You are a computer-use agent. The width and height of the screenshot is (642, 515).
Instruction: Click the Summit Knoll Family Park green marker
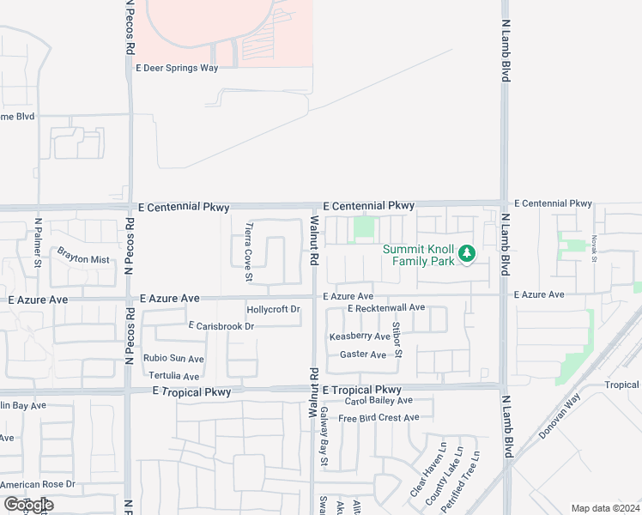(466, 253)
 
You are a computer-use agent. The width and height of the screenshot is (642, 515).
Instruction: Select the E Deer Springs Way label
(177, 68)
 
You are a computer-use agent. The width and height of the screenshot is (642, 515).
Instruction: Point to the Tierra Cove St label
(249, 251)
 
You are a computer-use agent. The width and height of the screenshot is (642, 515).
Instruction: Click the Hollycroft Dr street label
(273, 309)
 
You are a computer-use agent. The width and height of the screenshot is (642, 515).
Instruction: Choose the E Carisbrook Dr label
(221, 326)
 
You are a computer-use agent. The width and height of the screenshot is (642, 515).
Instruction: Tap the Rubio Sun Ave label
(173, 359)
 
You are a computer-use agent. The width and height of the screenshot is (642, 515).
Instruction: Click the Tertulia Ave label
(173, 376)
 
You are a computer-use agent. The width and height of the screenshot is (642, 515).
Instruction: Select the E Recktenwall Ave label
(386, 307)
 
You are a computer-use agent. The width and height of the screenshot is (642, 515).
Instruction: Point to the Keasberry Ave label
(360, 337)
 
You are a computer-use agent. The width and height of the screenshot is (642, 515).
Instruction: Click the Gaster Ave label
(363, 354)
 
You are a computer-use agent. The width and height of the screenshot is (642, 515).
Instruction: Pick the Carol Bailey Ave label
(379, 401)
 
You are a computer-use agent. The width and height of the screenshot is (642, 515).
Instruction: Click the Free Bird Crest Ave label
(379, 418)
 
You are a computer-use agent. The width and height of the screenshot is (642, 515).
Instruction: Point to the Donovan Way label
(560, 417)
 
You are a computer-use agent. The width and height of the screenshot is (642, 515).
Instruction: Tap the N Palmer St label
(38, 243)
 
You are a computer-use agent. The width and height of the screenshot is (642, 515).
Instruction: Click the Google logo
(28, 505)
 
